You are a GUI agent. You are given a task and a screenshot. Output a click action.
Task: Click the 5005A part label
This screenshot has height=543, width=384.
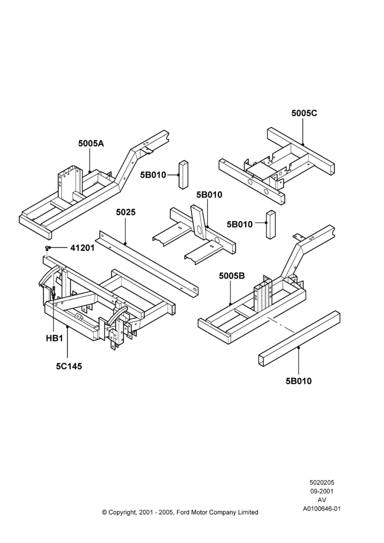tap(91, 143)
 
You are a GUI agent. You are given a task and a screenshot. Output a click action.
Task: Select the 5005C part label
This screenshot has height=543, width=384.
tap(304, 113)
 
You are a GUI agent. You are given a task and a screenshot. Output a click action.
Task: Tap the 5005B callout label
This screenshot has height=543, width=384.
tap(232, 276)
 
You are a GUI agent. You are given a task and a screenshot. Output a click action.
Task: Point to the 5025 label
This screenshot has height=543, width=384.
tap(126, 212)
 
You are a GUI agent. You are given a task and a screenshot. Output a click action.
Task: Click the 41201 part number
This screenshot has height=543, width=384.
tap(82, 248)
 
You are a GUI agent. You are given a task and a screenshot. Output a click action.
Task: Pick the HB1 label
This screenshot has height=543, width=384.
tap(55, 338)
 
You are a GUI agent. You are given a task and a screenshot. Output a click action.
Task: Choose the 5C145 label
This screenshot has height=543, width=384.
tap(69, 367)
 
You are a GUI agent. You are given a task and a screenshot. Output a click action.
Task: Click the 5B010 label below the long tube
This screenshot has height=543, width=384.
tap(298, 381)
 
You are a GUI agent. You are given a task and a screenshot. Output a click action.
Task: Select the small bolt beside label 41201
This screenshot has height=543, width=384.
tap(47, 248)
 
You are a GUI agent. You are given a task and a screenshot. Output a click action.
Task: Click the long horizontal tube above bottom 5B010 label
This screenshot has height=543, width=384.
tap(299, 338)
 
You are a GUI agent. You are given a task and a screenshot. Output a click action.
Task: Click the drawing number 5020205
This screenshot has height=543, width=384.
tap(322, 482)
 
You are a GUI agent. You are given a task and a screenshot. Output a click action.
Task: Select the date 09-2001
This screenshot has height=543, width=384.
tap(322, 491)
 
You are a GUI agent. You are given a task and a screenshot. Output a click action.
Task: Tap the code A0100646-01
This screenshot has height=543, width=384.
tap(322, 509)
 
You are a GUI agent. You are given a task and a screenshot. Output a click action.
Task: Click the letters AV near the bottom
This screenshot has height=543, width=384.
tap(322, 500)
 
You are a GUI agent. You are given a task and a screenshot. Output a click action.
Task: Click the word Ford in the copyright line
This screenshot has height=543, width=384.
tap(183, 512)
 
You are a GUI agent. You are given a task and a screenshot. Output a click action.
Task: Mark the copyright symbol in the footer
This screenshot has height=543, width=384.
tap(104, 512)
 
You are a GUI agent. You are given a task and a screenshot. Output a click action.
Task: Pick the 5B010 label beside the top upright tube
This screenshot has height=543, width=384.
tap(153, 175)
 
